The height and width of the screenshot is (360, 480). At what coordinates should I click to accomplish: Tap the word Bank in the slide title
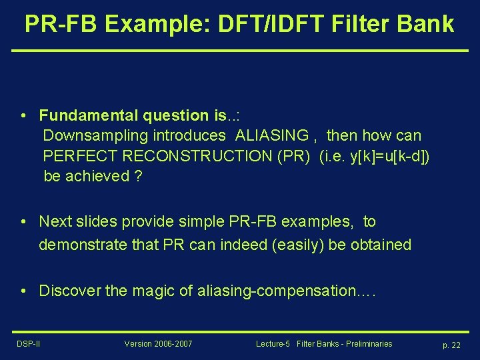click(x=425, y=24)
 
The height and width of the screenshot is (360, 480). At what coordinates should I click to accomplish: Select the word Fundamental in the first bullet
click(x=84, y=115)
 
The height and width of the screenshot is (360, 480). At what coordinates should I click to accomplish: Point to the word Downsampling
click(x=96, y=135)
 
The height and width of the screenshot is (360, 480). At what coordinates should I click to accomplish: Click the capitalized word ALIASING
click(x=272, y=135)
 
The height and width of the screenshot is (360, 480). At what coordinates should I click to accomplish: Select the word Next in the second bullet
click(x=54, y=221)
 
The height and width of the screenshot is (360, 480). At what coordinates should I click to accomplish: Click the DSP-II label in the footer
click(x=27, y=344)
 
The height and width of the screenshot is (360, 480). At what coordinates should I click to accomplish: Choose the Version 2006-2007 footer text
click(x=158, y=344)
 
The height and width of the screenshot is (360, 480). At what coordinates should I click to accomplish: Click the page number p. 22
click(x=451, y=345)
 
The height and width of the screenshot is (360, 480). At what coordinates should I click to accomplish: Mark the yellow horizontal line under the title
click(x=240, y=51)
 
